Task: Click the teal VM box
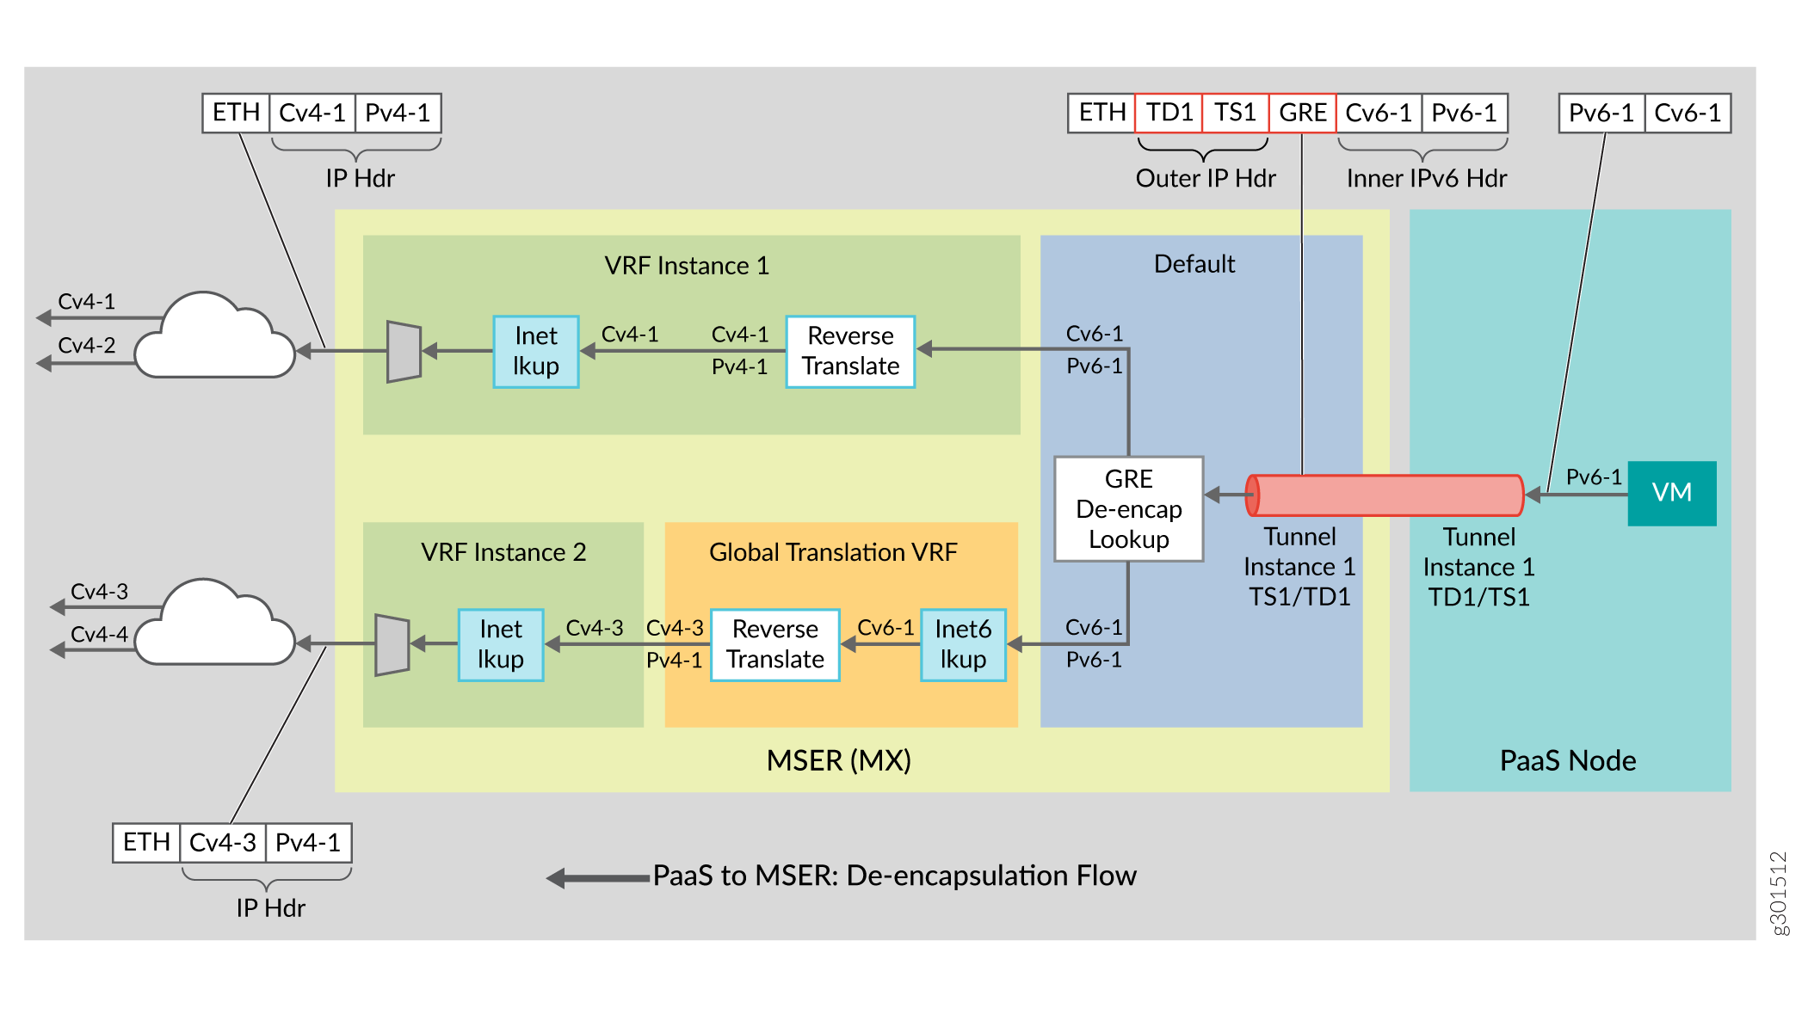coord(1671,493)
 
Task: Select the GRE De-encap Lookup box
coord(1128,509)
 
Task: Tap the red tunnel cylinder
coord(1385,495)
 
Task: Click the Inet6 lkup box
coord(963,645)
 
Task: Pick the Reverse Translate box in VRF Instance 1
coord(850,351)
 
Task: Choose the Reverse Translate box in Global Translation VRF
coord(774,645)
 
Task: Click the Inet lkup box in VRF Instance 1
coord(535,351)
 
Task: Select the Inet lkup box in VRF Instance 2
coord(500,645)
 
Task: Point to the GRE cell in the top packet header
coord(1302,113)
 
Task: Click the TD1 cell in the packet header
coord(1169,113)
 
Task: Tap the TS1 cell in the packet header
coord(1235,113)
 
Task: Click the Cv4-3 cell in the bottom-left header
coord(222,842)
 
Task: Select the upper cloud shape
coord(215,340)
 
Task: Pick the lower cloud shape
coord(215,626)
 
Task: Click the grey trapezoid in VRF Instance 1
coord(404,351)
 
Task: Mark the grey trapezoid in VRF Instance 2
coord(392,644)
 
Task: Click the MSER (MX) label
coord(838,760)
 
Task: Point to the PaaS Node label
coord(1567,760)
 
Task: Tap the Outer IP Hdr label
coord(1205,178)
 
